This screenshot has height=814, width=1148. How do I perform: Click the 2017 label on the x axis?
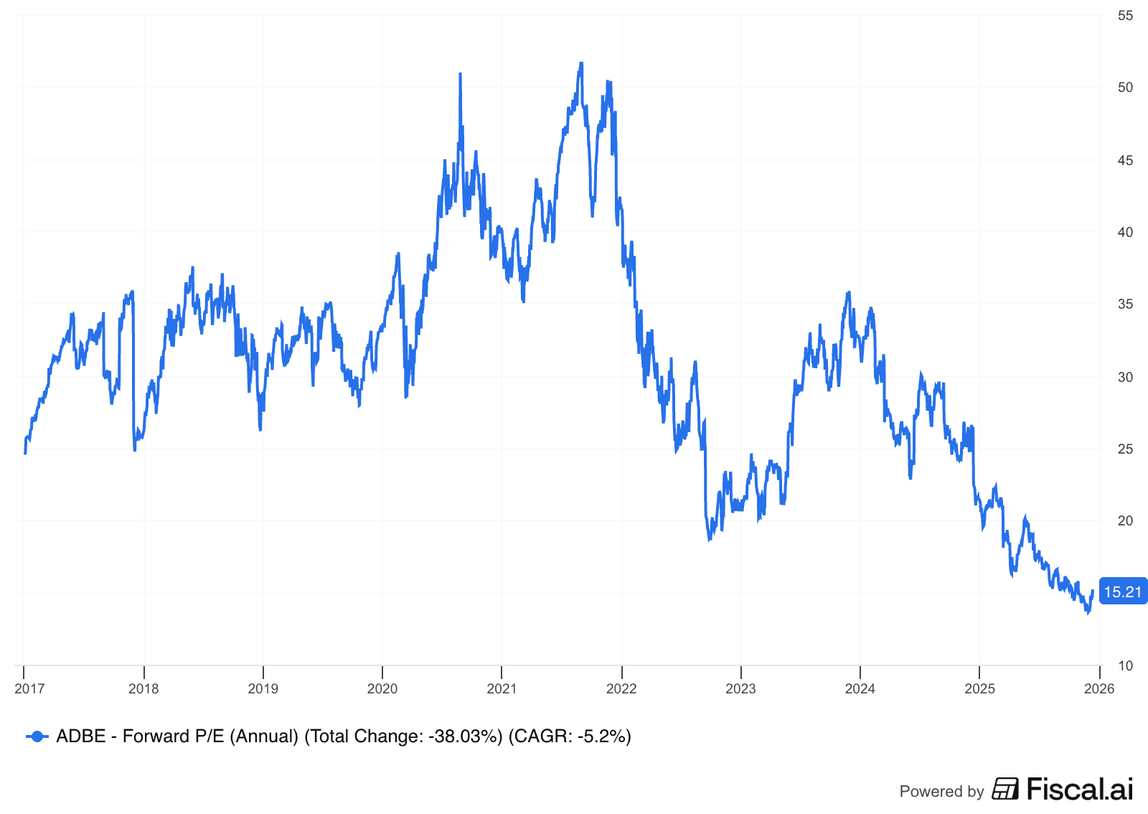click(x=29, y=688)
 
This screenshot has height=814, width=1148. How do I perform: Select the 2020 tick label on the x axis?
click(x=382, y=688)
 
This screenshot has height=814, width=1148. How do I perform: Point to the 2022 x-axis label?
click(x=621, y=688)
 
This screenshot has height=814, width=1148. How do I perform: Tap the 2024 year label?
click(x=860, y=688)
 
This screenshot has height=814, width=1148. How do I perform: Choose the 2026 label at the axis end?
click(x=1098, y=688)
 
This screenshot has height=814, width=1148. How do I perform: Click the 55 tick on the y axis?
click(x=1125, y=16)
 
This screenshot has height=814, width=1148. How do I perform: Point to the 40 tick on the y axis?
click(x=1125, y=232)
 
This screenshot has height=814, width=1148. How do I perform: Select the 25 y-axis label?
click(x=1125, y=449)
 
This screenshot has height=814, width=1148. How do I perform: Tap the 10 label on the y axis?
click(x=1125, y=665)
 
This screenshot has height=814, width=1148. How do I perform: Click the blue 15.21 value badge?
click(x=1123, y=591)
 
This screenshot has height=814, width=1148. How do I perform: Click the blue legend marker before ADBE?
click(x=37, y=736)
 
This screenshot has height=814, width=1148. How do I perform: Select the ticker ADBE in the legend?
click(x=80, y=736)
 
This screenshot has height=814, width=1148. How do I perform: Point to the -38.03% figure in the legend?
click(x=465, y=736)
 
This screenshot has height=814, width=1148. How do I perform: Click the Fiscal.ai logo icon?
click(x=1005, y=788)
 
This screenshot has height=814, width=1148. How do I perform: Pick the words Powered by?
click(x=941, y=791)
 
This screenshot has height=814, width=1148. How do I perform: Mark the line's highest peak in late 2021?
click(x=581, y=63)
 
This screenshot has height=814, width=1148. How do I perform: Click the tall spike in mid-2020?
click(x=460, y=74)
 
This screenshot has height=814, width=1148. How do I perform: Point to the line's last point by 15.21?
click(x=1093, y=591)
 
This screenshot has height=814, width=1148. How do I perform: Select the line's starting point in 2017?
click(x=25, y=453)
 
